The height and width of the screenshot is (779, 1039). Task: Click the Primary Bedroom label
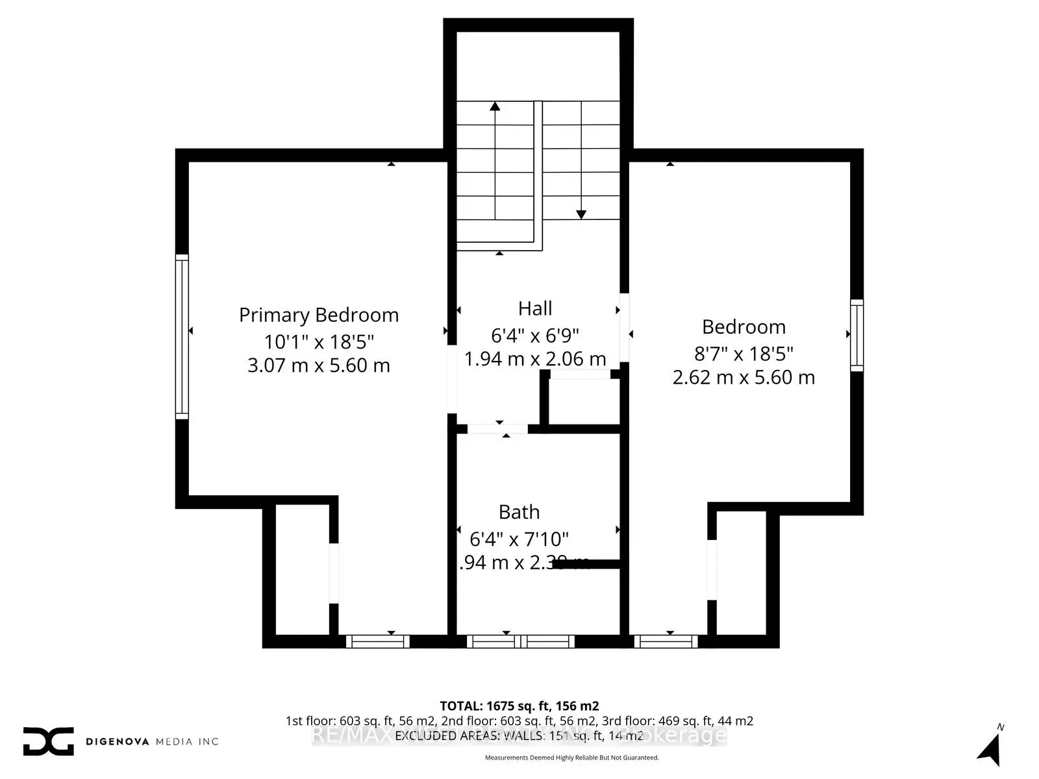[x=318, y=315]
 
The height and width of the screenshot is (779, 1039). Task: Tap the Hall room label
[x=535, y=308]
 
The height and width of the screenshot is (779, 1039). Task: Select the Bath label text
[x=519, y=512]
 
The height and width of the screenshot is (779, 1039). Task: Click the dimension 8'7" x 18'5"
[x=744, y=354]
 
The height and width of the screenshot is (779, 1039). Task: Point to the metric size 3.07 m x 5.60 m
[x=318, y=365]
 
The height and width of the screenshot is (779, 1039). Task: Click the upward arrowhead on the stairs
[x=495, y=106]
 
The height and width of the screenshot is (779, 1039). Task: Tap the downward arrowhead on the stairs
[x=581, y=214]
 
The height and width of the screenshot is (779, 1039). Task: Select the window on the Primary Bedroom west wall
[x=182, y=336]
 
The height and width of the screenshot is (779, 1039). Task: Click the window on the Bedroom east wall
[x=857, y=336]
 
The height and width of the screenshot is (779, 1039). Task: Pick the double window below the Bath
[x=520, y=641]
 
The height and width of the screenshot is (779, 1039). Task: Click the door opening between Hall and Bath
[x=497, y=428]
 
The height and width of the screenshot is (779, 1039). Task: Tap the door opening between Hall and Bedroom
[x=624, y=328]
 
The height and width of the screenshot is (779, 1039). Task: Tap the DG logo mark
[x=49, y=741]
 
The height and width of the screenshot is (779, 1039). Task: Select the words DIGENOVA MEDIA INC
[x=153, y=741]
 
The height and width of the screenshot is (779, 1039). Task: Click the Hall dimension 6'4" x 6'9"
[x=535, y=335]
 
